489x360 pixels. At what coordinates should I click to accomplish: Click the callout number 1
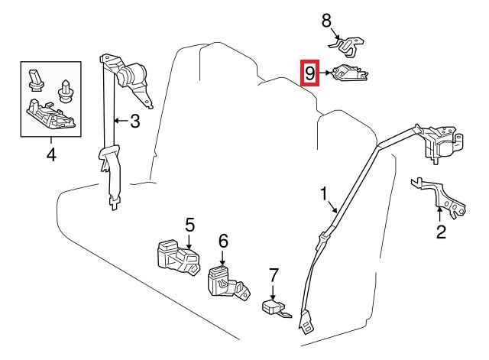(324, 193)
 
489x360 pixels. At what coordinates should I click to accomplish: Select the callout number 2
(441, 232)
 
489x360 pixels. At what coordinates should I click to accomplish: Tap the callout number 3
(134, 121)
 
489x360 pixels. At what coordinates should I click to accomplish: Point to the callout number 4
(51, 154)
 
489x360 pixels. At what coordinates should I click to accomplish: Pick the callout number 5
(189, 225)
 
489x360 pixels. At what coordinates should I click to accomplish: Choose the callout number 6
(223, 241)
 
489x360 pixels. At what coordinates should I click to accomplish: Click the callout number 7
(273, 275)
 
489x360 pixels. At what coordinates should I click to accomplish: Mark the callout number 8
(326, 21)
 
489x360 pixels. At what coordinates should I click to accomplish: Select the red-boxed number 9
(310, 73)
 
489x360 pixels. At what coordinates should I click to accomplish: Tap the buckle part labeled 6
(228, 282)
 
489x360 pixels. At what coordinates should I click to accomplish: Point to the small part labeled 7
(276, 308)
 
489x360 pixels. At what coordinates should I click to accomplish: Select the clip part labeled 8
(347, 46)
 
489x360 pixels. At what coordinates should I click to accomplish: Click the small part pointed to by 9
(350, 73)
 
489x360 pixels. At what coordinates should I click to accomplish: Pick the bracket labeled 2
(440, 196)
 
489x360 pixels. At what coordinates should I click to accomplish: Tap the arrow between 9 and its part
(325, 73)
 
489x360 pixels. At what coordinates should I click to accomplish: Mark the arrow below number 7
(273, 292)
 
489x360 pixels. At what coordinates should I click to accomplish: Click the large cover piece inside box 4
(51, 114)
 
